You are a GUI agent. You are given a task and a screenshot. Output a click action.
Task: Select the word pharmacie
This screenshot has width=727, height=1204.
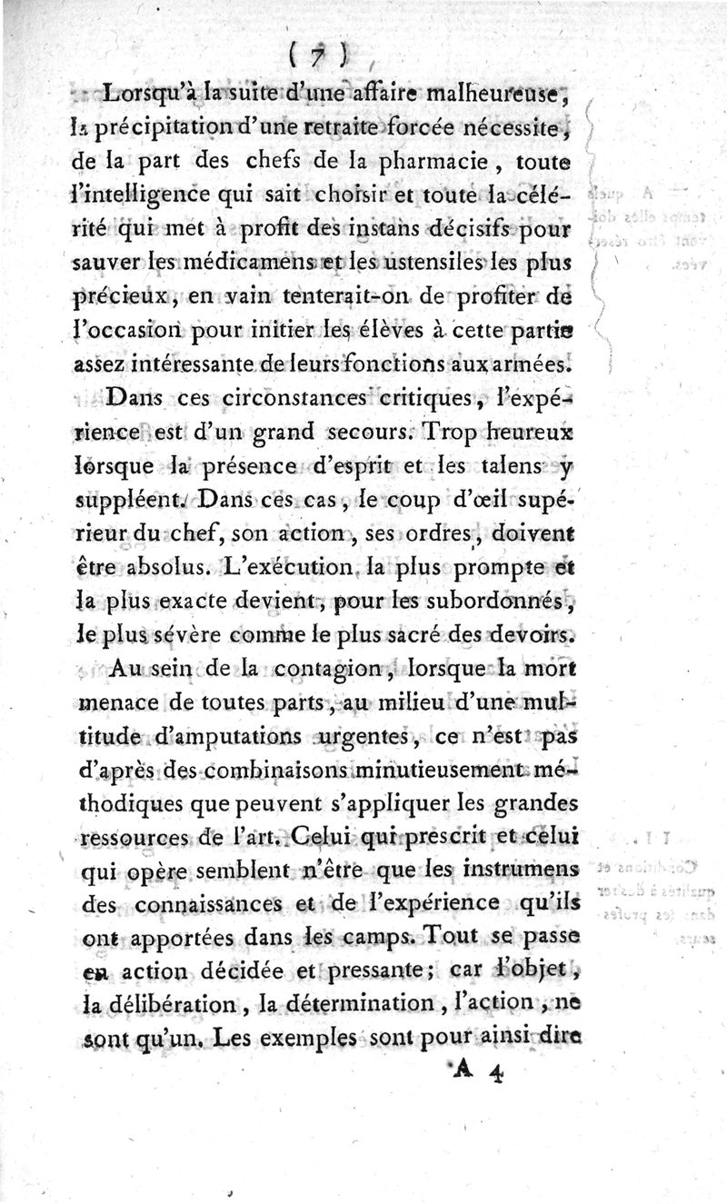(x=460, y=164)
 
